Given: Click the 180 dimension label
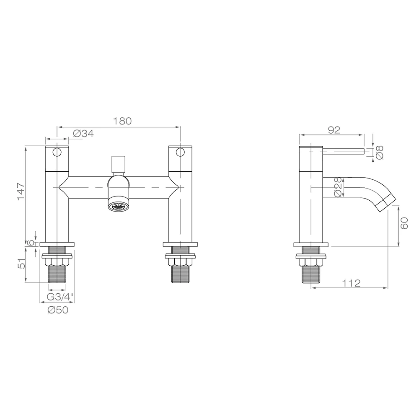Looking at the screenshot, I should click(x=123, y=121).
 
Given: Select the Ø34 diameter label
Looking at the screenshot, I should click(x=83, y=134).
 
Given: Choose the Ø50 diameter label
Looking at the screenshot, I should click(x=57, y=310).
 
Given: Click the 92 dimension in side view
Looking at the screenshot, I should click(x=334, y=130).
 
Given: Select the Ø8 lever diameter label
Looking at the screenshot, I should click(x=380, y=153).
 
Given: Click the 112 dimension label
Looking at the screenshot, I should click(x=351, y=283).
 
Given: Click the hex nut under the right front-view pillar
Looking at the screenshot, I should click(x=181, y=261).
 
